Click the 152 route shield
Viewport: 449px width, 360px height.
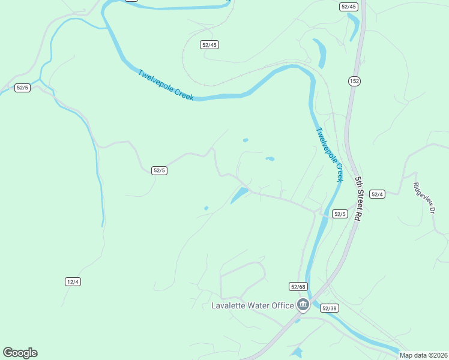click(x=354, y=80)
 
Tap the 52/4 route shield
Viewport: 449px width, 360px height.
click(x=377, y=194)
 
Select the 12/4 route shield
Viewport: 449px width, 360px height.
click(x=73, y=281)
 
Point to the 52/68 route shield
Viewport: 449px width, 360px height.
click(x=298, y=287)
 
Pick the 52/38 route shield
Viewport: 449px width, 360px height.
click(x=329, y=308)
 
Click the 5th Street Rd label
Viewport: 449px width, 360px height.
click(x=358, y=199)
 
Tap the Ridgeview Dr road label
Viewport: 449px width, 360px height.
click(x=423, y=197)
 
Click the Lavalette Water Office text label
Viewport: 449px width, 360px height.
click(x=252, y=305)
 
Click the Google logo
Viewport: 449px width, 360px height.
click(x=20, y=353)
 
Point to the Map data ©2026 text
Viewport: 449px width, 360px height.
click(x=424, y=355)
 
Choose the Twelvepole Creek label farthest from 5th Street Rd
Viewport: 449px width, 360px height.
click(x=166, y=85)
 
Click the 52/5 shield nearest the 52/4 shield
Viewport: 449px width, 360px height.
click(x=340, y=214)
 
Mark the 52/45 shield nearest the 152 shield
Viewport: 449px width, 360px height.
click(x=348, y=7)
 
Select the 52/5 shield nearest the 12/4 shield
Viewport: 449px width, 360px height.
click(x=159, y=170)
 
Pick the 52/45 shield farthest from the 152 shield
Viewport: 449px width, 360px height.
click(x=209, y=44)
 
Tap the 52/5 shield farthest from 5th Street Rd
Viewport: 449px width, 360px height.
click(x=22, y=88)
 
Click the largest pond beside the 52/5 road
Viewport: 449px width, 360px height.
click(x=240, y=194)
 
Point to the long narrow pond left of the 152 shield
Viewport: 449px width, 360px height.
click(x=319, y=53)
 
